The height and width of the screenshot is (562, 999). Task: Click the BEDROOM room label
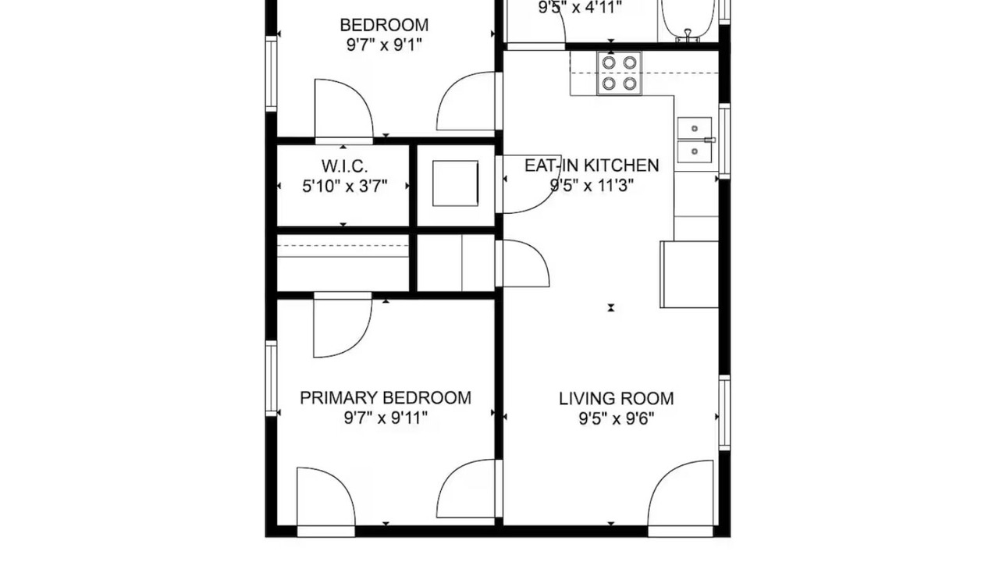point(384,25)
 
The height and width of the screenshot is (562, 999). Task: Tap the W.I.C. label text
point(345,166)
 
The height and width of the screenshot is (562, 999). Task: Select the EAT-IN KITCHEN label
point(592,165)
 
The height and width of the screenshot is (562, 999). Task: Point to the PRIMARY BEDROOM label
point(386,398)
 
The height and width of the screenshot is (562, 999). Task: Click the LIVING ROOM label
point(617,399)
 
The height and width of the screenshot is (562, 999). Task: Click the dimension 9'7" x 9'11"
point(386,418)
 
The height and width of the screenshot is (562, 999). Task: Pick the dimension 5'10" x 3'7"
point(345,186)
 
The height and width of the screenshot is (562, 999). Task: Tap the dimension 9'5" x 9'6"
point(617,419)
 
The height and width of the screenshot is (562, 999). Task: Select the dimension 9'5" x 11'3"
point(592,185)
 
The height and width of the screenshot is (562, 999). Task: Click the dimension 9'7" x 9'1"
point(384,45)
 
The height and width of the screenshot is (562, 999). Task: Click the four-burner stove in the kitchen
point(620,73)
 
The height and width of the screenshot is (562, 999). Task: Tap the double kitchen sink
point(695,140)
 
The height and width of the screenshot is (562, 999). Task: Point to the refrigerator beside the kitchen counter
point(689,274)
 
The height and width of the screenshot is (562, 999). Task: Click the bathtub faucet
point(688,36)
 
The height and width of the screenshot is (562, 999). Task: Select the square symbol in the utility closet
point(455,183)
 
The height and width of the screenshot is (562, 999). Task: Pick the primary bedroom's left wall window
point(271,379)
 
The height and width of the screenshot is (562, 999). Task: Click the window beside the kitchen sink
point(725,141)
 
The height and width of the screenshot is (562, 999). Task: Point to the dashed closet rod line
point(343,247)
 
